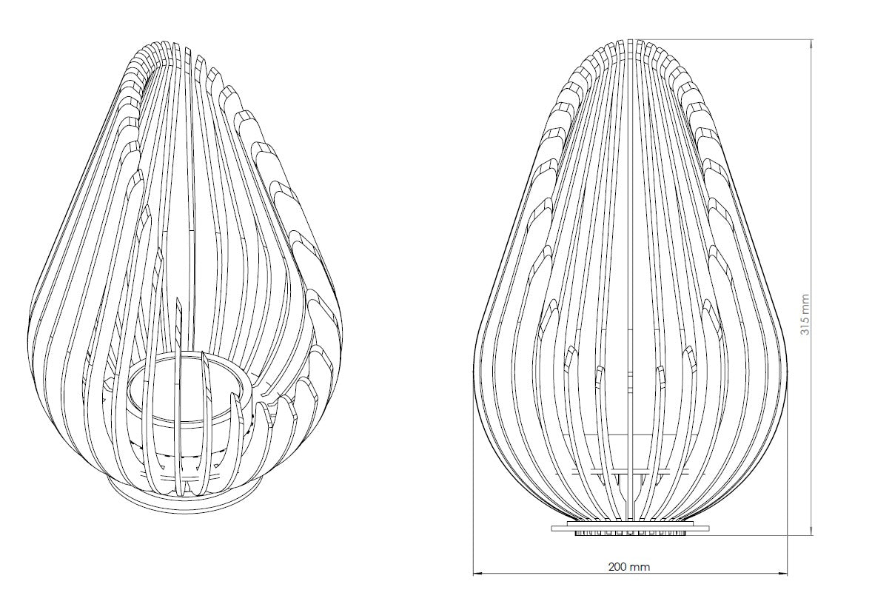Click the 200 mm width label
629,567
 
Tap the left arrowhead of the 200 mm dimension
477,573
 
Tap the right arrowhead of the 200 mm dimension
785,573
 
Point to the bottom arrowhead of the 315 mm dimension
813,531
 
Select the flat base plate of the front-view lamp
630,526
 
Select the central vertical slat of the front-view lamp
630,278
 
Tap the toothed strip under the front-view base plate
630,532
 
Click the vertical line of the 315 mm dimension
813,286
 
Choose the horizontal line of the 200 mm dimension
631,573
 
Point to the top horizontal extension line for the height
723,39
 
